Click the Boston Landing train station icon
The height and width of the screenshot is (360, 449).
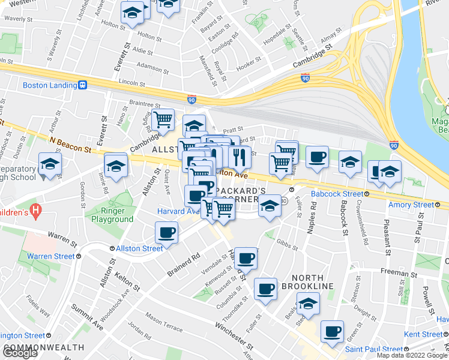[83, 85]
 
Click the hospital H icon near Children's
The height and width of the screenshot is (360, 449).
[36, 211]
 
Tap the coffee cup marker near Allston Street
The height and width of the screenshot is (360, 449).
[166, 233]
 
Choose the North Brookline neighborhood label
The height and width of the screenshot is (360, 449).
[312, 282]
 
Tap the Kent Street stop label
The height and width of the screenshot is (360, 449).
[423, 334]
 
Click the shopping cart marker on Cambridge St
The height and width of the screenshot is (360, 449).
[163, 119]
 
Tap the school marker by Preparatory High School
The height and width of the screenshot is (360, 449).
[50, 164]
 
